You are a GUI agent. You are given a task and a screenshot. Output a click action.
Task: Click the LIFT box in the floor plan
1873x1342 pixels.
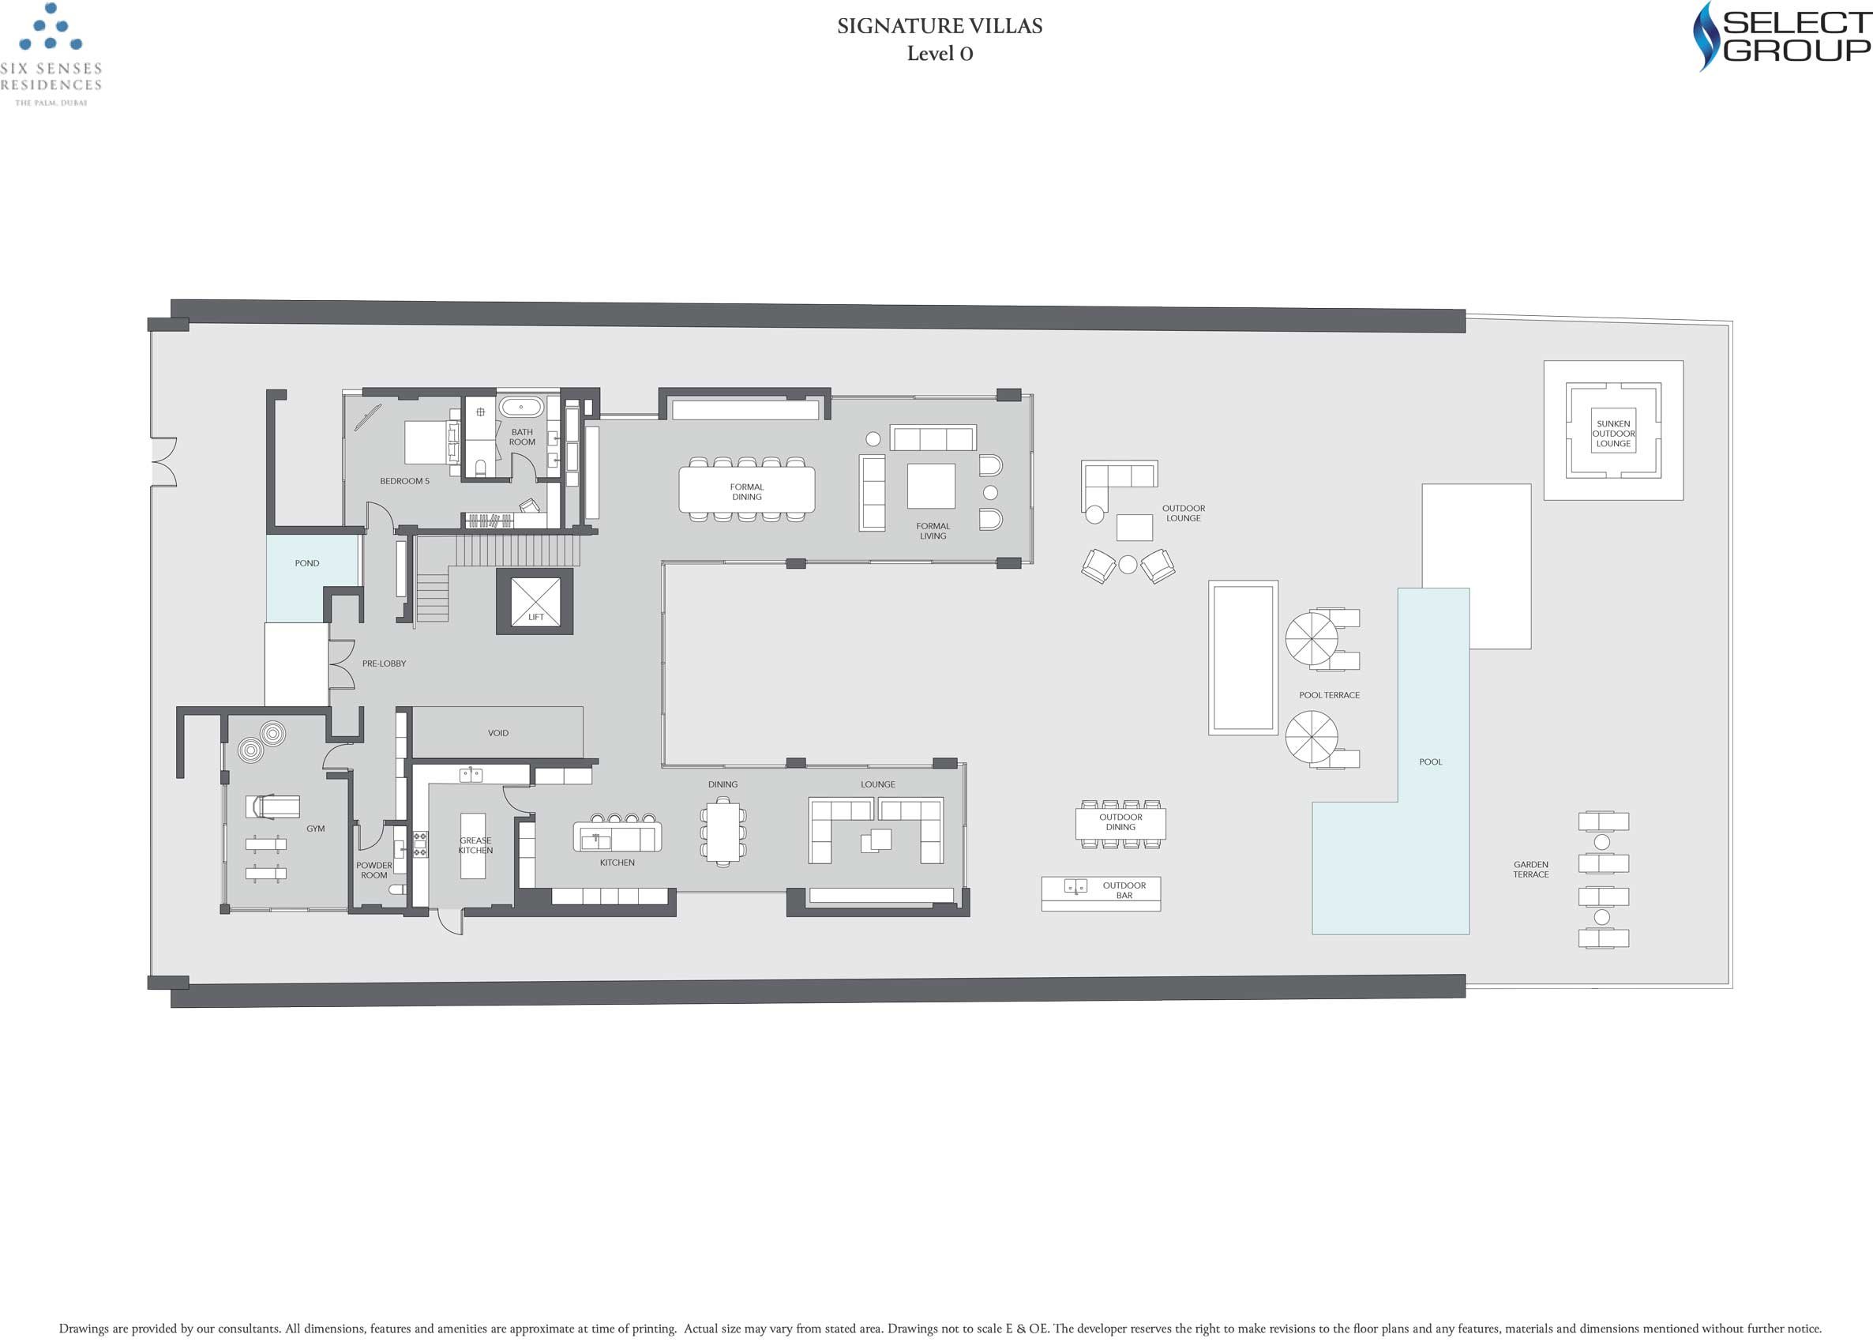pos(535,601)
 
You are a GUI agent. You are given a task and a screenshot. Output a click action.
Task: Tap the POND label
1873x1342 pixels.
pos(307,563)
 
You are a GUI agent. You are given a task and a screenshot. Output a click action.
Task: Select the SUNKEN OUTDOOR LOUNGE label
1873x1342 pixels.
pos(1613,434)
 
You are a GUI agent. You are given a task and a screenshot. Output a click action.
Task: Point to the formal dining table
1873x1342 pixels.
pos(746,490)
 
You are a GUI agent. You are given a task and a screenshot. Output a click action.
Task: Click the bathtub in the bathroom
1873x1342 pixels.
pos(521,407)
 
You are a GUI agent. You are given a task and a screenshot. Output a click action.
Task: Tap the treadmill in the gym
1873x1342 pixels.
pos(272,806)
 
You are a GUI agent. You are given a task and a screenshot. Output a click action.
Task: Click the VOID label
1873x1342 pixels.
pos(498,733)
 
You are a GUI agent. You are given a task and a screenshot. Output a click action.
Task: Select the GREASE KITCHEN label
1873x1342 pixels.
pos(475,846)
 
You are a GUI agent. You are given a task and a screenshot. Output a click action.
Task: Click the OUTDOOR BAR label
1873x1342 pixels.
pos(1124,890)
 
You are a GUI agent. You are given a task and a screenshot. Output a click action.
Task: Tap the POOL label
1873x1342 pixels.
pos(1430,762)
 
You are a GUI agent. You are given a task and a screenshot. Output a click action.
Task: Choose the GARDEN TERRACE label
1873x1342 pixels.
pos(1530,870)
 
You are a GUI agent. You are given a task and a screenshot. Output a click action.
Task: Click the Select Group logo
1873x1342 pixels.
pos(1778,36)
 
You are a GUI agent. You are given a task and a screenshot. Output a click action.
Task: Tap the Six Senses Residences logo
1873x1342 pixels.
pos(51,54)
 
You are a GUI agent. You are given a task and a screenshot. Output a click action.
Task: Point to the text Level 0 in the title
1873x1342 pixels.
pos(940,54)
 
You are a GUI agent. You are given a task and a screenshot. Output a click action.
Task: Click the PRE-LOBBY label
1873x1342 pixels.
pos(384,664)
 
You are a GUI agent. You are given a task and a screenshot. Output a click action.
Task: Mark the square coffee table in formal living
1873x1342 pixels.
pos(931,486)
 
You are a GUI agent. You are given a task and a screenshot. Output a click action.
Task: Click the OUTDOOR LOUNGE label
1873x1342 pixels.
pos(1184,513)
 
